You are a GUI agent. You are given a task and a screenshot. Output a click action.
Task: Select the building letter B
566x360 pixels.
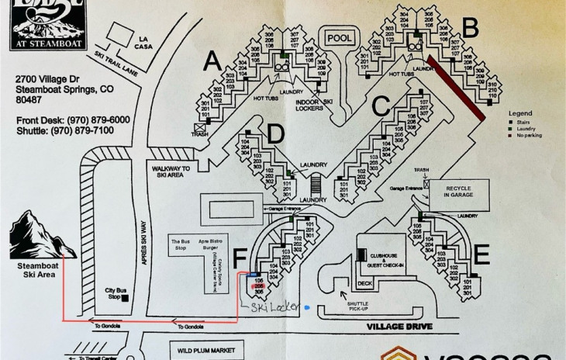point(469,28)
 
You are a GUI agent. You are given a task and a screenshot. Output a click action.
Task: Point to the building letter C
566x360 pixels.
point(380,104)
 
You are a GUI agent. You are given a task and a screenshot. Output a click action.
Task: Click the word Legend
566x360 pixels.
point(520,113)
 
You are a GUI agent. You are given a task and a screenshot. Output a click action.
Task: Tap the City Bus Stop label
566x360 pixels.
point(114,293)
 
